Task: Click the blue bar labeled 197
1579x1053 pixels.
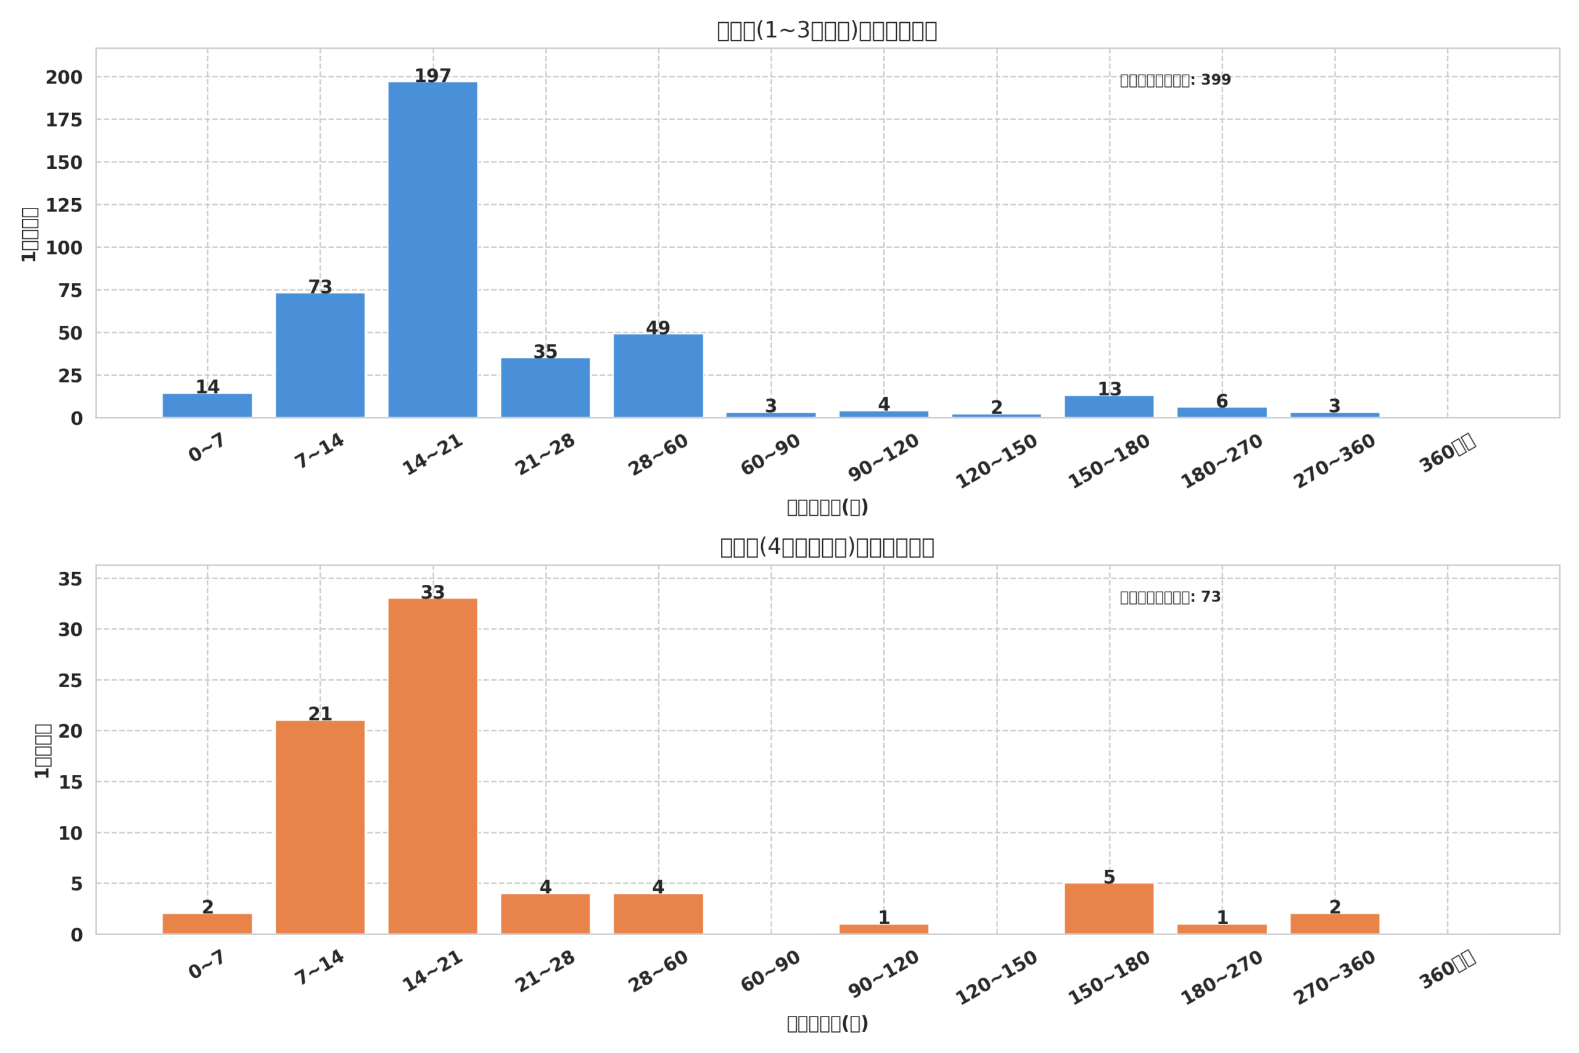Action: click(x=432, y=250)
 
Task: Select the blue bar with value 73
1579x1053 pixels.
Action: click(x=320, y=355)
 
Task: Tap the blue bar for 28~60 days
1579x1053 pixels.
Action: click(x=658, y=376)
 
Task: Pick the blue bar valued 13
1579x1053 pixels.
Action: click(x=1109, y=407)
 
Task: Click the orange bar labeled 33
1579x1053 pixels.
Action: click(x=432, y=766)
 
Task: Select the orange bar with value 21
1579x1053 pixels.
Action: click(x=320, y=827)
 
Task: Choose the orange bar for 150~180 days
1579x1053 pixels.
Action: click(x=1109, y=909)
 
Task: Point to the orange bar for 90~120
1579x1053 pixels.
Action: click(x=883, y=929)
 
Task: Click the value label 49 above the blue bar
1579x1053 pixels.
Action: click(x=658, y=328)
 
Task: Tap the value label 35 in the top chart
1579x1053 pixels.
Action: click(x=545, y=352)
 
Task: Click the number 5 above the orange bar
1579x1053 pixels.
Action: click(x=1109, y=877)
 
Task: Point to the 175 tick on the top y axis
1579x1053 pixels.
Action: click(x=64, y=120)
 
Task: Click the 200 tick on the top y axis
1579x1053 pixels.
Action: click(x=64, y=77)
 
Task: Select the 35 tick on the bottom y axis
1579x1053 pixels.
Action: click(x=70, y=579)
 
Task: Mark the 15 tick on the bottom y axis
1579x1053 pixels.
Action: click(x=70, y=782)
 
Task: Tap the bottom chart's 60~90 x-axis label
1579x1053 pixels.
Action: click(x=771, y=971)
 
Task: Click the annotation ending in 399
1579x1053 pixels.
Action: click(x=1175, y=80)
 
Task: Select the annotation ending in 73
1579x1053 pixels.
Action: click(x=1170, y=597)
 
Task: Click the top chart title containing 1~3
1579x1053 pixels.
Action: click(x=827, y=31)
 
